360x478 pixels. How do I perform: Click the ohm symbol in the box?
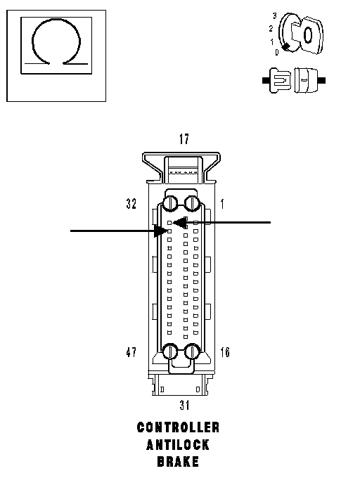click(56, 21)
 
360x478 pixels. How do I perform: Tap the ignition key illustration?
click(301, 34)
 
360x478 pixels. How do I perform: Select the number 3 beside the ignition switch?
click(275, 16)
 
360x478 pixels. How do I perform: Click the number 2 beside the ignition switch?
click(271, 29)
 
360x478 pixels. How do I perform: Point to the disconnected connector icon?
click(294, 80)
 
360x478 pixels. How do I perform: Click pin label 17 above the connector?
click(184, 139)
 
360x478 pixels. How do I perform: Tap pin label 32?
click(131, 204)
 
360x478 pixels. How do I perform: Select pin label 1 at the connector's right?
click(222, 204)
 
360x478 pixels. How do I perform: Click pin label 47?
click(131, 352)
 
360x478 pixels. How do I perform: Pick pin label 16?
click(225, 352)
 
